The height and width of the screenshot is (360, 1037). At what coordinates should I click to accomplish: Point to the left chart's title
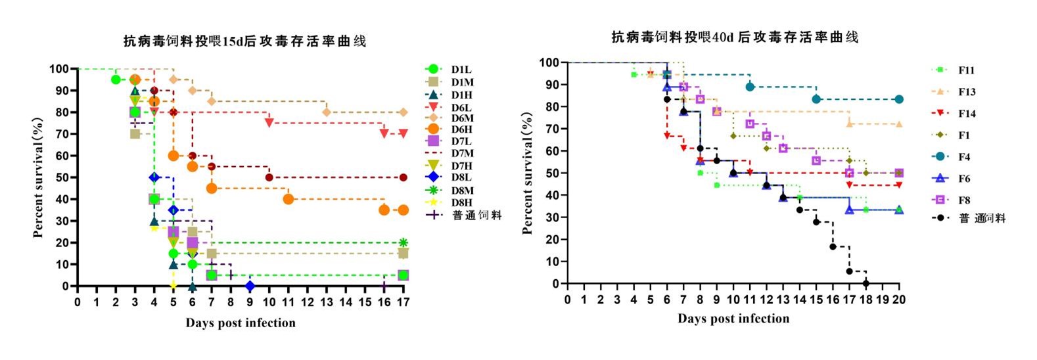point(245,41)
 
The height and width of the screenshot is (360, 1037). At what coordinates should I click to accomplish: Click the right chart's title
point(735,37)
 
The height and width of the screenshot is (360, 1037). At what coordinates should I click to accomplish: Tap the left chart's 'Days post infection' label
point(241,323)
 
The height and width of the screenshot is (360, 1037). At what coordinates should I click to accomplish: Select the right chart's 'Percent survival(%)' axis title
point(528,173)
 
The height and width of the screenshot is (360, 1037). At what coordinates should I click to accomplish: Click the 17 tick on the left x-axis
point(403,302)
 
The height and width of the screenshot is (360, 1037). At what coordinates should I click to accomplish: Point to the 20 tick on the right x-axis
point(899,299)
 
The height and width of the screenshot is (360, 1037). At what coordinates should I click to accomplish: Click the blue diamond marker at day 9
point(250,286)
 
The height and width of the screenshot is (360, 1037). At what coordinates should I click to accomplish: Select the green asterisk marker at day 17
point(403,242)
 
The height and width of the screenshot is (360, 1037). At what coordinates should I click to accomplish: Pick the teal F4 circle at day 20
point(899,99)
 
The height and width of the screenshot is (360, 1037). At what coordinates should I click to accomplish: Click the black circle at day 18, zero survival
point(865,283)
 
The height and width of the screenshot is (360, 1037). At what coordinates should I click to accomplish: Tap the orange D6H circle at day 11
point(288,199)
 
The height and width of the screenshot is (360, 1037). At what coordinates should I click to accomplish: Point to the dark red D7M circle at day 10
point(269,177)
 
